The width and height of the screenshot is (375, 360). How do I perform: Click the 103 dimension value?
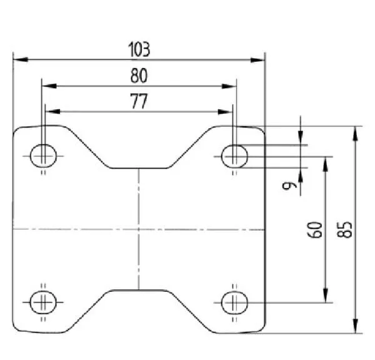(x=139, y=49)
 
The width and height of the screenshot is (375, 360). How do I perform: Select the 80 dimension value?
(x=139, y=76)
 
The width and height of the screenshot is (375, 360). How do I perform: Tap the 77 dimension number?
(x=139, y=101)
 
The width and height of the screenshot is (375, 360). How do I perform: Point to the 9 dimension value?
(x=289, y=186)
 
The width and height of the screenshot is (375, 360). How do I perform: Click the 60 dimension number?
(x=314, y=230)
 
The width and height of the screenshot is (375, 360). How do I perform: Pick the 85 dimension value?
(x=344, y=230)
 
